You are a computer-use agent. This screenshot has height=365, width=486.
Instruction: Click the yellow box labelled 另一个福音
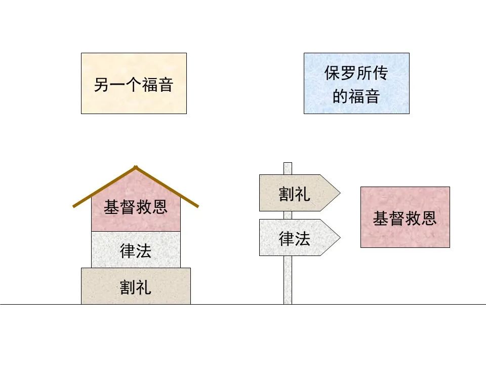134,83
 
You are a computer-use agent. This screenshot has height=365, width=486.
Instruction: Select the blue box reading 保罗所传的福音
356,83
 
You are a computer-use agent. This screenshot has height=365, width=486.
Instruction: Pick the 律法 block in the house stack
136,249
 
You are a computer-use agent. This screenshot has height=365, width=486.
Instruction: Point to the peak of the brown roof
135,166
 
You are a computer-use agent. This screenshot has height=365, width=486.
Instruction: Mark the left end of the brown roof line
74,206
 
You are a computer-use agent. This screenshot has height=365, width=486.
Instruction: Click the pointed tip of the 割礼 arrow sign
339,193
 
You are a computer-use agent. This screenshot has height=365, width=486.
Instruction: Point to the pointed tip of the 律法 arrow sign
339,237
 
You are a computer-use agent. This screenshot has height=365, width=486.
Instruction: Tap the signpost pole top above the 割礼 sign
288,167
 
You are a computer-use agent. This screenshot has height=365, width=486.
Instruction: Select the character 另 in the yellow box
101,84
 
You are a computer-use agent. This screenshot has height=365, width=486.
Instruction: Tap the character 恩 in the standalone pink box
429,218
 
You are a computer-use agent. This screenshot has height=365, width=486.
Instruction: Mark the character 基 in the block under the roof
111,207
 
